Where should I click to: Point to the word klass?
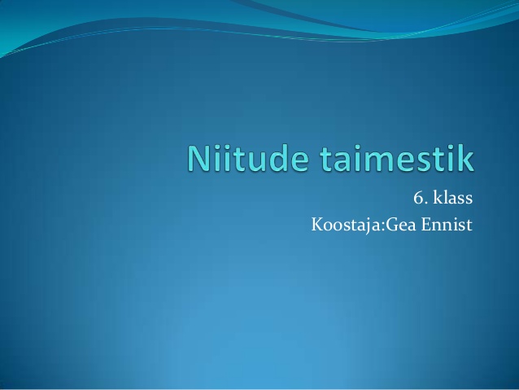pyautogui.click(x=453, y=198)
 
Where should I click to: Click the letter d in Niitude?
pyautogui.click(x=277, y=159)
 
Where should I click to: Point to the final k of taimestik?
pyautogui.click(x=465, y=158)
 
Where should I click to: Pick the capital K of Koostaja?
pyautogui.click(x=317, y=225)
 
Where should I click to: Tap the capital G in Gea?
pyautogui.click(x=391, y=225)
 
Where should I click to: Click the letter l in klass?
pyautogui.click(x=444, y=198)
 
